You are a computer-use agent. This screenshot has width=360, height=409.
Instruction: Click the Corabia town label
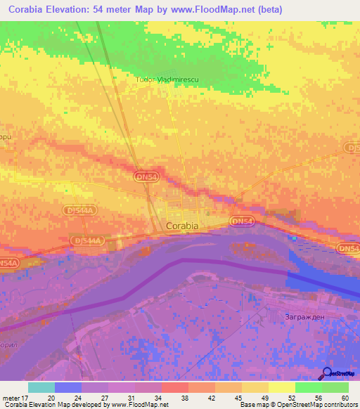click(182, 226)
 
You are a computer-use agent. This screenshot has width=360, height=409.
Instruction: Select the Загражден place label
click(304, 316)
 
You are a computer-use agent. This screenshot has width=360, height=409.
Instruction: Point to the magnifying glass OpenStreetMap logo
click(326, 375)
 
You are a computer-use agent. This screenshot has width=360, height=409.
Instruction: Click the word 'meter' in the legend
click(9, 397)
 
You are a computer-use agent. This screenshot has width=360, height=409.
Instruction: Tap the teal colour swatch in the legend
click(41, 387)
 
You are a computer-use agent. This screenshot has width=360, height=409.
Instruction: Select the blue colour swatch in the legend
click(67, 387)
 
